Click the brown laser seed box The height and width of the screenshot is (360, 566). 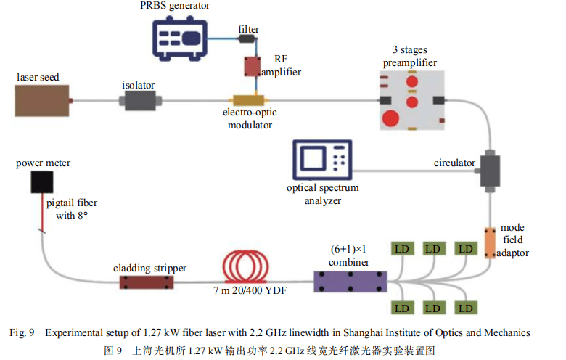(x=43, y=100)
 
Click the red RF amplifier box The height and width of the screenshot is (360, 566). (x=253, y=67)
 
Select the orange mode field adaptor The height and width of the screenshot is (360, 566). (x=489, y=243)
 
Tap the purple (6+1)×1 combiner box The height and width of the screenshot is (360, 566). (x=350, y=280)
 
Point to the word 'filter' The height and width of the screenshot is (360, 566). (x=249, y=28)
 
